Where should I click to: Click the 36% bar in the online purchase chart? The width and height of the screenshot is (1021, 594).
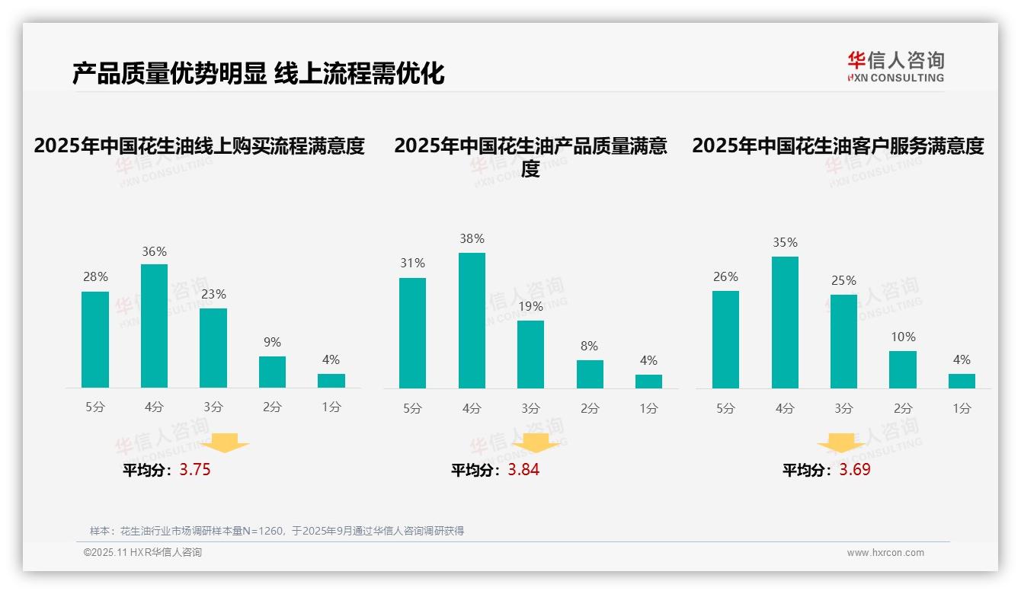154,326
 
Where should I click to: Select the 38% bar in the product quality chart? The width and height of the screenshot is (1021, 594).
472,321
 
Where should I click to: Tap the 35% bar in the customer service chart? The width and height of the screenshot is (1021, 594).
785,323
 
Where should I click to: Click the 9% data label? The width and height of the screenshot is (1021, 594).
272,343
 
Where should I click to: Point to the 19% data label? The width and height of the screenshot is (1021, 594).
530,307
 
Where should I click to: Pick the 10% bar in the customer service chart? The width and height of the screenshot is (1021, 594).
902,369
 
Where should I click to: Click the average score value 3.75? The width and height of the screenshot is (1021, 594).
195,470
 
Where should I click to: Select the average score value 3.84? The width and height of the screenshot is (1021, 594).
523,470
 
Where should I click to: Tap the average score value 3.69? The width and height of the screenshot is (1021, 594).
855,470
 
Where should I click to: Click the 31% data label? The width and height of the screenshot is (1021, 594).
412,263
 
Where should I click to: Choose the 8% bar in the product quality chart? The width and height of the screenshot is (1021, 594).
590,374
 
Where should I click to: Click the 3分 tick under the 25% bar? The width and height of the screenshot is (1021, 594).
843,408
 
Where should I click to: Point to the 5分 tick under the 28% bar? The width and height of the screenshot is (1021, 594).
95,407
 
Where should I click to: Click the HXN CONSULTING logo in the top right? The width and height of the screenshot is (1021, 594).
895,67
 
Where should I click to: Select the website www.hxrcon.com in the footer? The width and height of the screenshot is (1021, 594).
885,553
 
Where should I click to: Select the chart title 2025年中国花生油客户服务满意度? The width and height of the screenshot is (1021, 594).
837,145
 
